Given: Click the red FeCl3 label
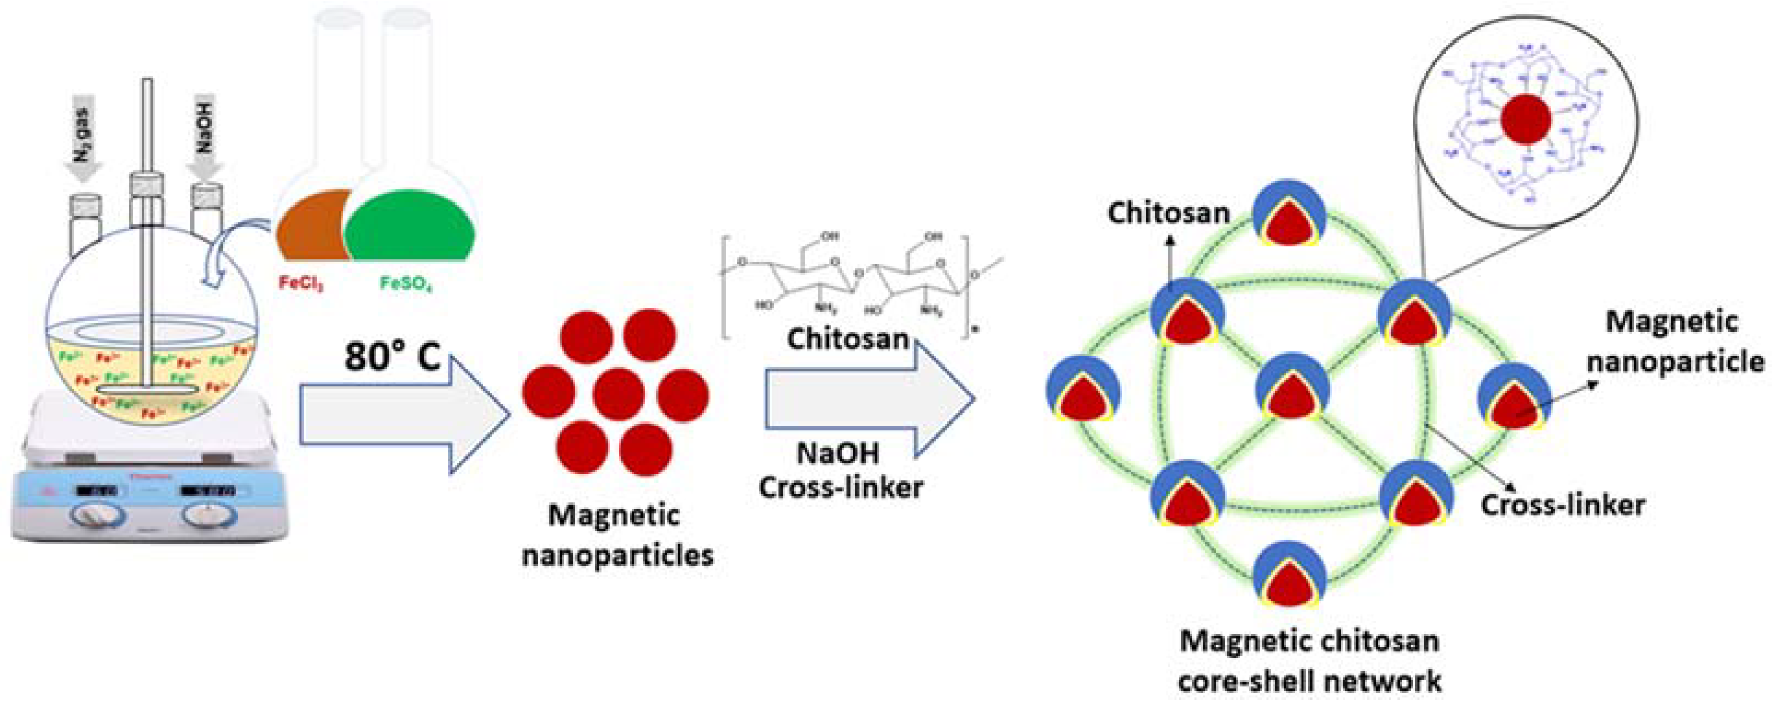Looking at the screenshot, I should [301, 283].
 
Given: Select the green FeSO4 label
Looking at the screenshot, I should [406, 283].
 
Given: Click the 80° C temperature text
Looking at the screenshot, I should [392, 356].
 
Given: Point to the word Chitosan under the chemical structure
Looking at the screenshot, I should [847, 340].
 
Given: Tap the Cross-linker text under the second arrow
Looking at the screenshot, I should [840, 488].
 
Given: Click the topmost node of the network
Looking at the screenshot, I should [1289, 216].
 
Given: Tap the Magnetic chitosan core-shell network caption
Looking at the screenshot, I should [1309, 660].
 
